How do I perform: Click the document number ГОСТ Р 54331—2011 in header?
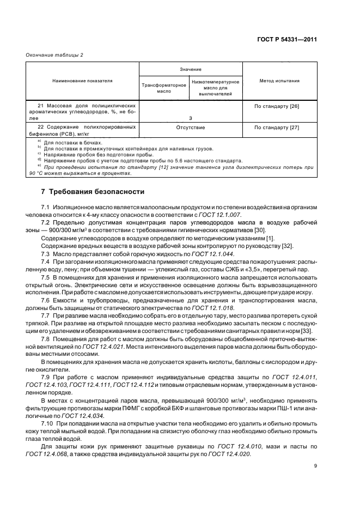[x=288, y=40]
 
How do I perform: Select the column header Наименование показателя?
[x=82, y=81]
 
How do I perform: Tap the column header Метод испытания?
[x=279, y=81]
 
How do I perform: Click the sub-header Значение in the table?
[x=191, y=69]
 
